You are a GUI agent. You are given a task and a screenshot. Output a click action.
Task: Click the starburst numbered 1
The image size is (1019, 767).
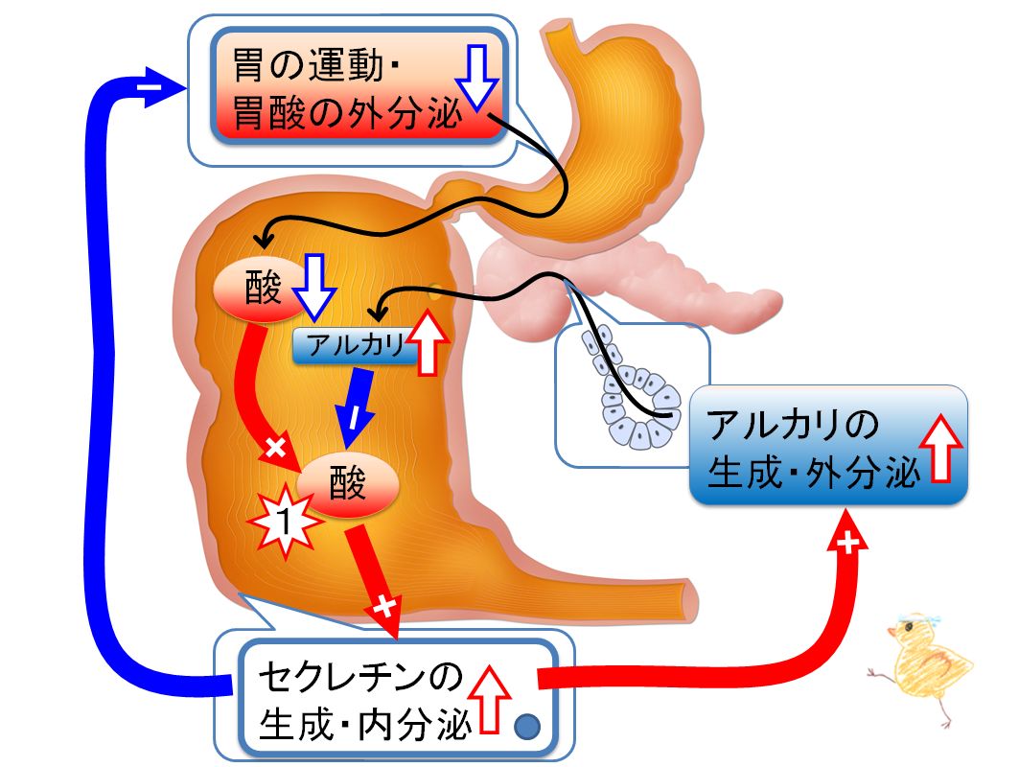pyautogui.click(x=282, y=521)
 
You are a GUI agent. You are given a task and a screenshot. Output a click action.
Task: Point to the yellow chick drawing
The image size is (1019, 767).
pyautogui.click(x=923, y=666)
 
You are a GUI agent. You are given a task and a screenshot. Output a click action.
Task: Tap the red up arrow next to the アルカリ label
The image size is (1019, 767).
pyautogui.click(x=428, y=342)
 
